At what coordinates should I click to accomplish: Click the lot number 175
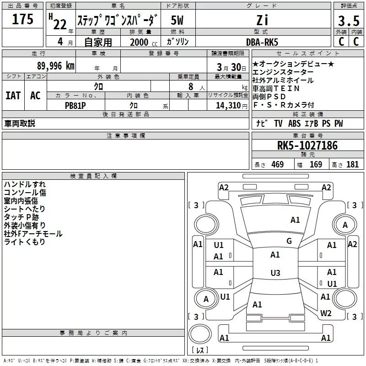point(22,20)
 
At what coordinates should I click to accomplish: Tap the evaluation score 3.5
point(349,21)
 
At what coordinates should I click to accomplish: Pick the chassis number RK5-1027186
point(307,146)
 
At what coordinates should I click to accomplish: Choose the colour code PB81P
point(75,105)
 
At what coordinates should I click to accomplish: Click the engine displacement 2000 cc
point(140,42)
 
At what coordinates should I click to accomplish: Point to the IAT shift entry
point(13,96)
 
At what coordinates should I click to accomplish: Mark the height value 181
point(352,165)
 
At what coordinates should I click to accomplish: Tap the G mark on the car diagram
point(289,241)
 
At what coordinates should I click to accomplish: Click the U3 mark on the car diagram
point(275,273)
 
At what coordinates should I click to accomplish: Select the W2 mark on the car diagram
point(326,313)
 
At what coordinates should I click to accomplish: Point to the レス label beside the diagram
point(199,350)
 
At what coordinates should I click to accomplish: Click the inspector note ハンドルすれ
point(25,184)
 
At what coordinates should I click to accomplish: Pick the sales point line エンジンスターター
point(283,72)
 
